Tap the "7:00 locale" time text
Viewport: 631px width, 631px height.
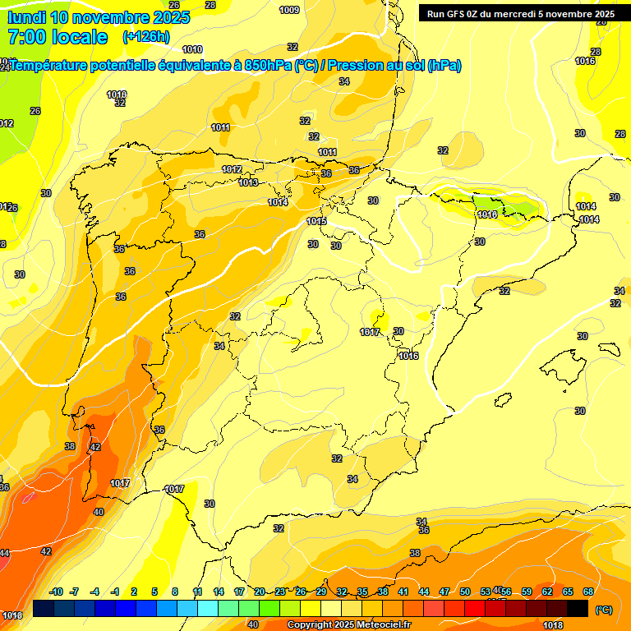57,37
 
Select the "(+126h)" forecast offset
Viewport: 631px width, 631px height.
146,37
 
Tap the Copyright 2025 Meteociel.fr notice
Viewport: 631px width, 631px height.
348,625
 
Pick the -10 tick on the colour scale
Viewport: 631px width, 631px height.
56,592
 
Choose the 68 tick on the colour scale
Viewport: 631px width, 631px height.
588,592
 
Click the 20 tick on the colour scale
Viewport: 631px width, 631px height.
260,592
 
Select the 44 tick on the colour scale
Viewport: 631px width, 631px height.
424,592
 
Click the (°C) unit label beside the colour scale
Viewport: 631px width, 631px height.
604,610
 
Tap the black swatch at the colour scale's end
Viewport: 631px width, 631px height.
578,608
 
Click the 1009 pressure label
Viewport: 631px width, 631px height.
289,10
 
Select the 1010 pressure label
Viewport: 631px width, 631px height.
192,50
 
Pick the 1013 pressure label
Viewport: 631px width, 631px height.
249,182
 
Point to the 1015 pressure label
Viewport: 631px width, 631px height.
316,221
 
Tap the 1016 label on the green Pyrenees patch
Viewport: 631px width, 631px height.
487,214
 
